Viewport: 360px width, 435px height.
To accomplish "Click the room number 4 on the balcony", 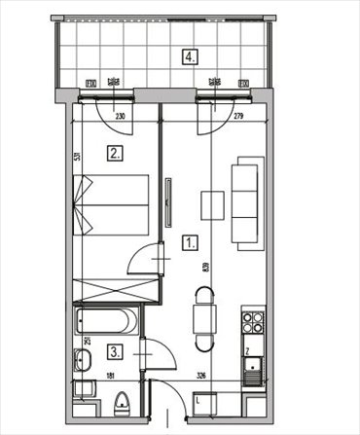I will (189, 55).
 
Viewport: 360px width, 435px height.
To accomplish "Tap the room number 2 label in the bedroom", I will (115, 152).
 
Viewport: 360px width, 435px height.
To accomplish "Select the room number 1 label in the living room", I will (191, 243).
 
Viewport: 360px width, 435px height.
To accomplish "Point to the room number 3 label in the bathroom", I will (115, 351).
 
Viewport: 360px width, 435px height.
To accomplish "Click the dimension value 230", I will (120, 118).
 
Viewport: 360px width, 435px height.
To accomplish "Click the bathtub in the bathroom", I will (108, 321).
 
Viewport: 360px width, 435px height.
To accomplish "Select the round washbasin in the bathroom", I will (83, 362).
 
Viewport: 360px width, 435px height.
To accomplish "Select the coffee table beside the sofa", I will (212, 205).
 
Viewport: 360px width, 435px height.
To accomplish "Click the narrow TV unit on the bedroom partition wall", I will (168, 204).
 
